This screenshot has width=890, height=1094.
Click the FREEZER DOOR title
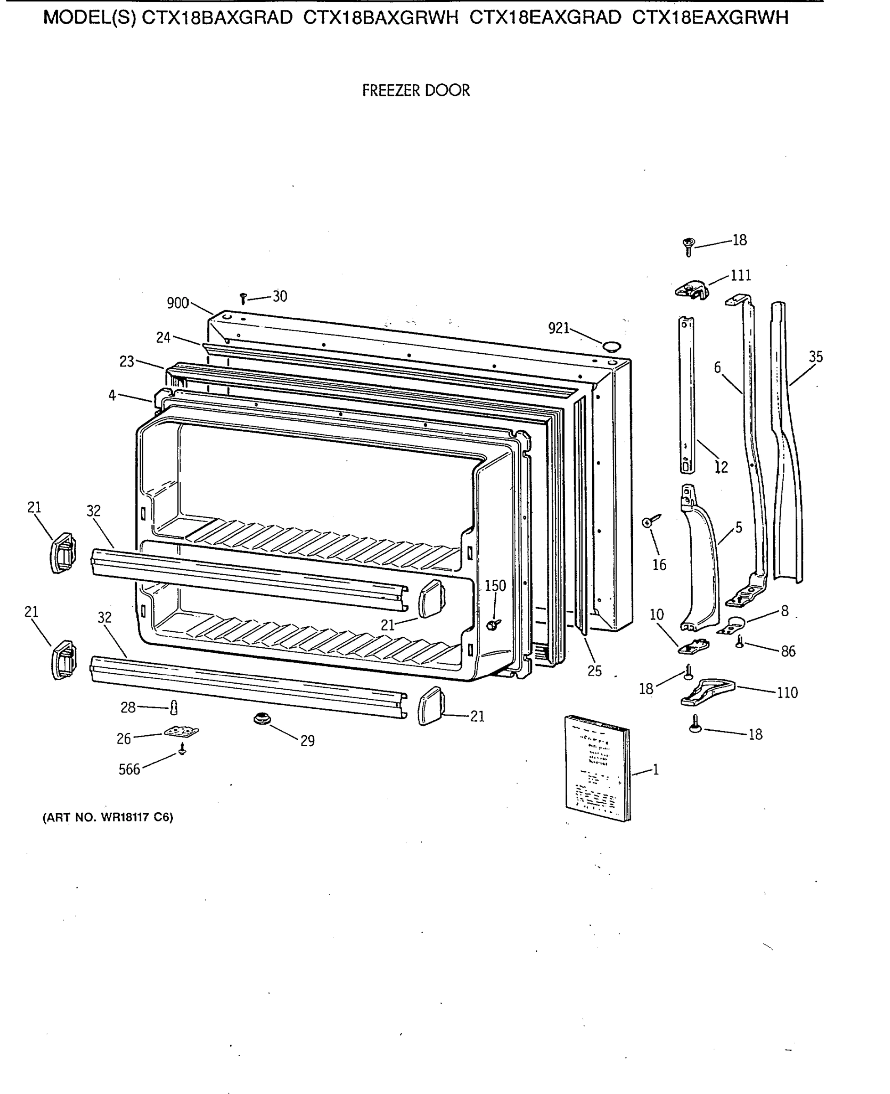[x=416, y=91]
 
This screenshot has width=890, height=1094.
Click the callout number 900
[x=178, y=303]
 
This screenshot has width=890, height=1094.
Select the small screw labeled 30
[x=243, y=298]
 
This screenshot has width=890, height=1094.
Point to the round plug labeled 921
[x=611, y=346]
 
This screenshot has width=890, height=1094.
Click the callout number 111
[x=740, y=276]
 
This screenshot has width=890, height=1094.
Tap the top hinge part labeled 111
[x=692, y=289]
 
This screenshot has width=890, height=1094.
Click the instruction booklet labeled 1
[x=597, y=767]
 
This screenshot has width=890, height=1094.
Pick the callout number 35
[x=815, y=356]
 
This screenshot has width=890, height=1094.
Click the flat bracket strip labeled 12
[x=687, y=395]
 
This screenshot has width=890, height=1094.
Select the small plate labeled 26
[x=181, y=732]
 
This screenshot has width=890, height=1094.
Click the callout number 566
[x=129, y=769]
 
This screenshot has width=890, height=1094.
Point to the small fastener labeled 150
[x=493, y=624]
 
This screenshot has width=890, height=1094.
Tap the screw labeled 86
[x=739, y=641]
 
